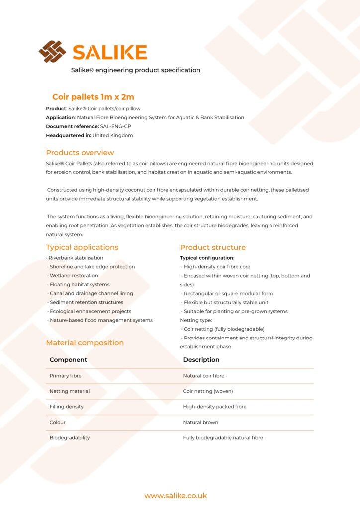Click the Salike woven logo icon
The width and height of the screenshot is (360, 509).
[52, 51]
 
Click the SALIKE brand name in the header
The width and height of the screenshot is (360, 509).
[109, 52]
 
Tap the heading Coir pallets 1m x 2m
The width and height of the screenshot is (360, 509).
[93, 97]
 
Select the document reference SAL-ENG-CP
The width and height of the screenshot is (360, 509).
[115, 126]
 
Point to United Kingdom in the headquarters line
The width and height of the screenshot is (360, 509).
[112, 135]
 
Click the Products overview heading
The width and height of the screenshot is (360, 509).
[80, 153]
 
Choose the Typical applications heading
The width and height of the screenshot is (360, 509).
[82, 247]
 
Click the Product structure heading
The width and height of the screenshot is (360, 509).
[213, 247]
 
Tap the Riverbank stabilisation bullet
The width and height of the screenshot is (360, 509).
[76, 258]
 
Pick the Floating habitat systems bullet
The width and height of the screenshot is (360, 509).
[79, 285]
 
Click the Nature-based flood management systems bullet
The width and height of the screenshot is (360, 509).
[101, 320]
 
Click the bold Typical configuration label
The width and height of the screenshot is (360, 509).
[207, 258]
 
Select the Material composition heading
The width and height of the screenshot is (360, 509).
[85, 343]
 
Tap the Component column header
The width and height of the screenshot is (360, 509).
[68, 360]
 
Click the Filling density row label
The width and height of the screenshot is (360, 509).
[67, 407]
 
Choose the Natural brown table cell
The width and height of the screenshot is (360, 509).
[200, 422]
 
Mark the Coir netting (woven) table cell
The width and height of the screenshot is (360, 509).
[208, 391]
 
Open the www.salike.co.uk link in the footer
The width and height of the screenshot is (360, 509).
[176, 496]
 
